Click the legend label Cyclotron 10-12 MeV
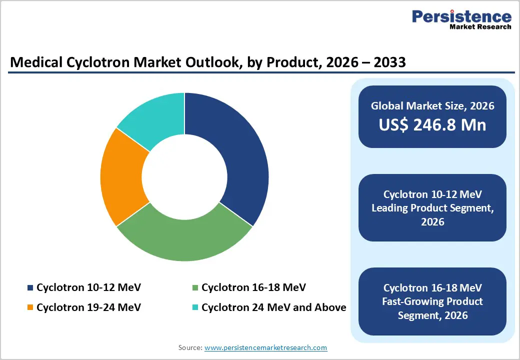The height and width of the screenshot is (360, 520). [x=88, y=288]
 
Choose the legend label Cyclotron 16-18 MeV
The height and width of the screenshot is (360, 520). [x=253, y=288]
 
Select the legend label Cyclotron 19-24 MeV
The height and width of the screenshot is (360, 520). [x=88, y=307]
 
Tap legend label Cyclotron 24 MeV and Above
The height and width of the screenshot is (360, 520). [x=273, y=307]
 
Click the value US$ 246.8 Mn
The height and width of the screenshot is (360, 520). [x=432, y=125]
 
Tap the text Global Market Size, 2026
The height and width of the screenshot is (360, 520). [x=432, y=105]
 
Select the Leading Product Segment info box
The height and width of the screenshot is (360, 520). [x=432, y=207]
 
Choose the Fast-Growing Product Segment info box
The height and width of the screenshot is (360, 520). [x=432, y=301]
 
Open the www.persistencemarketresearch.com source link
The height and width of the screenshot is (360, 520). [x=265, y=347]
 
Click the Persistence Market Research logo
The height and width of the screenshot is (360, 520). [x=461, y=20]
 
